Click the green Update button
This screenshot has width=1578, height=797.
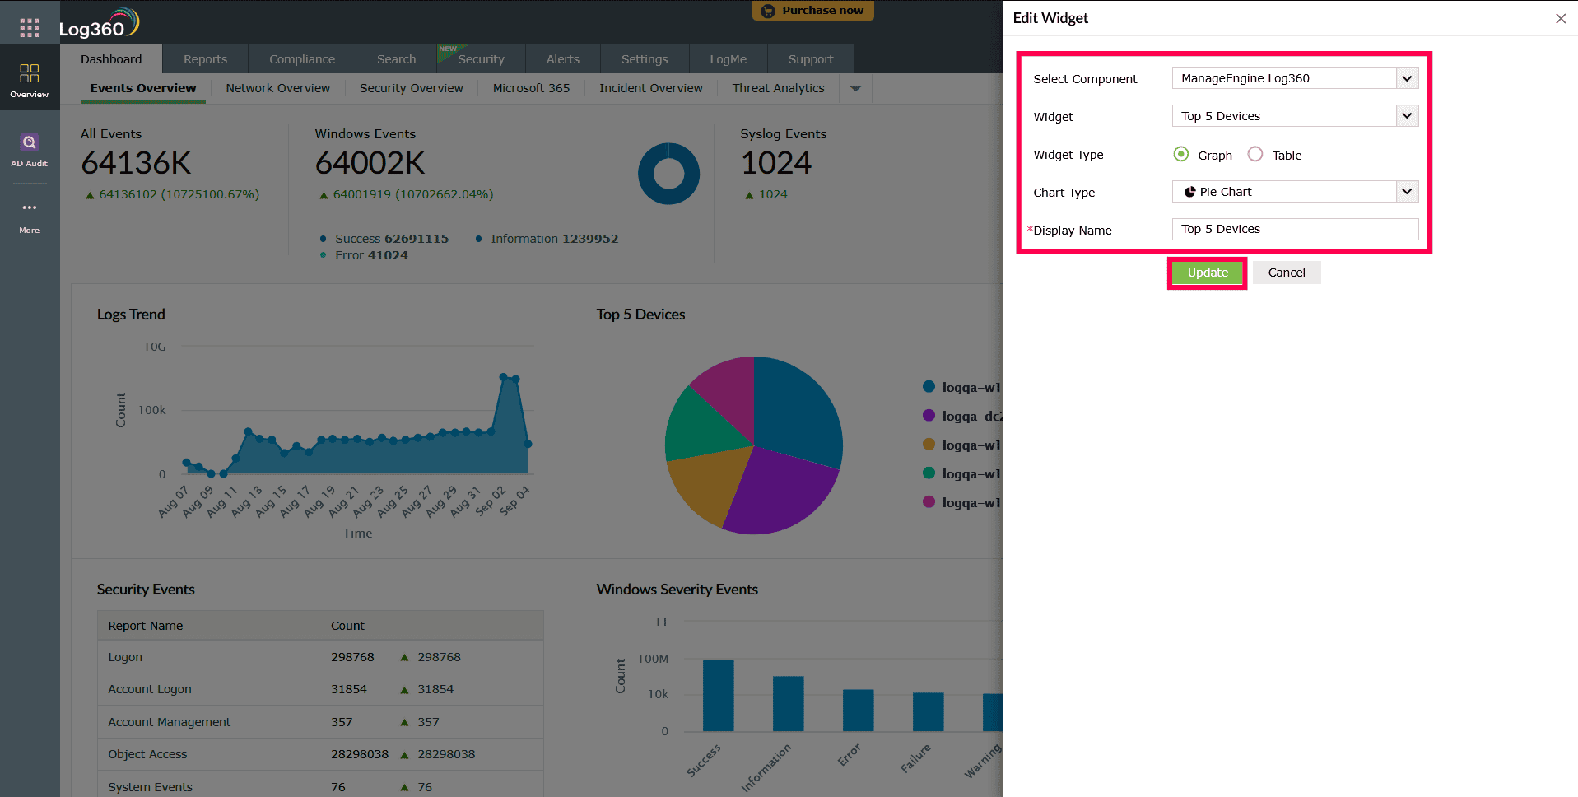1207,273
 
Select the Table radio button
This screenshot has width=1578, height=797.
1254,155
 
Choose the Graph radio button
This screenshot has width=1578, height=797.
1181,155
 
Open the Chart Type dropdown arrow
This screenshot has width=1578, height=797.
1407,192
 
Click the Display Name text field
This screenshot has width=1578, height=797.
1294,230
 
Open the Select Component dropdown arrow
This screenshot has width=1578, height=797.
1407,78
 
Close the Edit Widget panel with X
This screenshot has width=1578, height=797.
1560,18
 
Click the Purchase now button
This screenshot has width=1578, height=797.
812,11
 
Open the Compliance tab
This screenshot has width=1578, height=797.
301,59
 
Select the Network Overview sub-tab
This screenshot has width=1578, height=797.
277,88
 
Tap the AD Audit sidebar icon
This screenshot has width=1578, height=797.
30,149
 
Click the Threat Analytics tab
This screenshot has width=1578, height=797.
778,88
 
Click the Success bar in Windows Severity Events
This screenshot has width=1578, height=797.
718,695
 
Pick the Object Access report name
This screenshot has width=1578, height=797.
147,754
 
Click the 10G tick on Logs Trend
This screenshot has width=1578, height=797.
155,347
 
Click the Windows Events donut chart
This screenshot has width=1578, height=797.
668,174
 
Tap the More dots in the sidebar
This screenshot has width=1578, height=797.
30,208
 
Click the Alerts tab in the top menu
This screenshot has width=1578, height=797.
562,59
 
